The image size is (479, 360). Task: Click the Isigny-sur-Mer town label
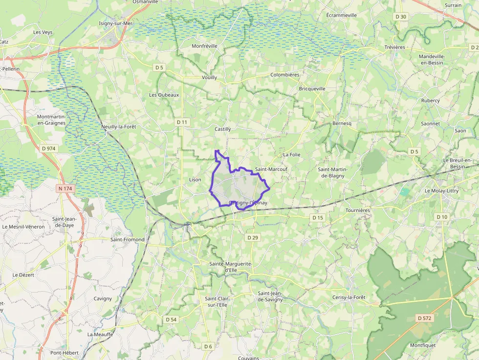click(x=116, y=23)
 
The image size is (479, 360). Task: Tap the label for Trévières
click(x=394, y=47)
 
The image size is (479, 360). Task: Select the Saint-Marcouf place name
click(x=271, y=169)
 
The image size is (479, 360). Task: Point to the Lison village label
click(x=195, y=180)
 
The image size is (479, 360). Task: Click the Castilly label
click(x=222, y=129)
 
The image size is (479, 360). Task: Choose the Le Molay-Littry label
click(x=441, y=191)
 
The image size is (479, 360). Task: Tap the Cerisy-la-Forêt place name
click(x=348, y=297)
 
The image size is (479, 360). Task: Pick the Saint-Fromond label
click(x=128, y=240)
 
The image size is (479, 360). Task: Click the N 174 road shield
click(x=65, y=188)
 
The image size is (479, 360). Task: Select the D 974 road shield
click(x=49, y=148)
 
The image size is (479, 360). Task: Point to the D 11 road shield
click(x=182, y=122)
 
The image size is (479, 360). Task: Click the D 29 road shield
click(x=253, y=237)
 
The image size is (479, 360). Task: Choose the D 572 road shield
click(x=425, y=318)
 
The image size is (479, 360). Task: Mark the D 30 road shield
click(x=401, y=17)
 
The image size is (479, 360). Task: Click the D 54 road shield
click(x=171, y=319)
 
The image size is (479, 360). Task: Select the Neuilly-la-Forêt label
click(x=118, y=127)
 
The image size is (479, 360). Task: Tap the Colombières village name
click(x=284, y=75)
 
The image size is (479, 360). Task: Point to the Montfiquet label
click(x=423, y=345)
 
